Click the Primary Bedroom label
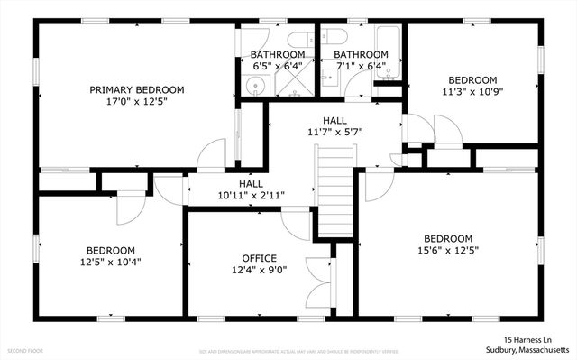point(137,89)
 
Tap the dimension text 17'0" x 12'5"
point(137,101)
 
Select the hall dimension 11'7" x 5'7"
point(334,132)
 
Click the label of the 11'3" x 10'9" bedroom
point(472,79)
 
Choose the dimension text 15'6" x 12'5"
point(447,250)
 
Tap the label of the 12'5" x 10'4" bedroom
point(111,262)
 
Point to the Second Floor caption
point(24,349)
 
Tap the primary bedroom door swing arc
point(214,153)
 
